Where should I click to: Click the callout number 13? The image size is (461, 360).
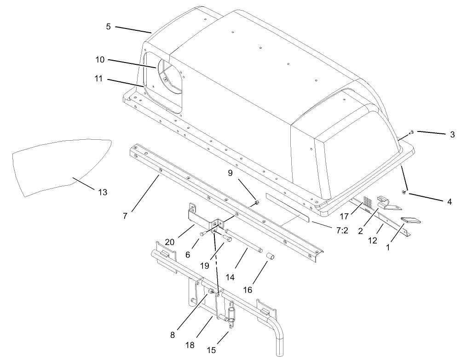click(x=103, y=192)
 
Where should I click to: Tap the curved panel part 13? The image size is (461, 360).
click(x=55, y=166)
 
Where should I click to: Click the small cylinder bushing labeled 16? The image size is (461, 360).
click(x=271, y=255)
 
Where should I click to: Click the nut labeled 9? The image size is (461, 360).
click(x=257, y=203)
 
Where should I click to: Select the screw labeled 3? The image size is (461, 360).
click(x=411, y=132)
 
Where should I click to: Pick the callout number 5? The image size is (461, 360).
click(x=108, y=27)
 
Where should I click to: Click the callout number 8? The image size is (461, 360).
click(x=173, y=336)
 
